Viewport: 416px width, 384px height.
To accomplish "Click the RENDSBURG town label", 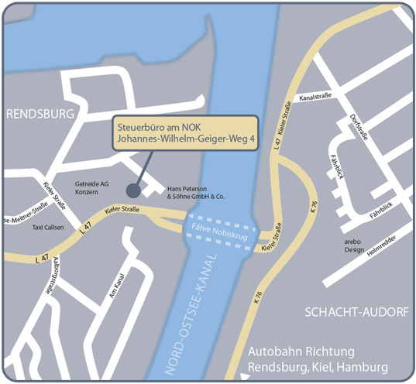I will coord(40,114).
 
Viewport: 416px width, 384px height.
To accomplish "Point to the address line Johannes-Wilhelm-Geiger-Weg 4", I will coord(185,139).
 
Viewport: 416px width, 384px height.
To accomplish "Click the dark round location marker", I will coord(133,189).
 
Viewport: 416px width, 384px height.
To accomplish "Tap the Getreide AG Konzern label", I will coord(91,189).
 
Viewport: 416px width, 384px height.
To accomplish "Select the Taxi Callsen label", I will coord(48,228).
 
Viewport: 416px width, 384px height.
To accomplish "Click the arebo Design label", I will coord(354,245).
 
